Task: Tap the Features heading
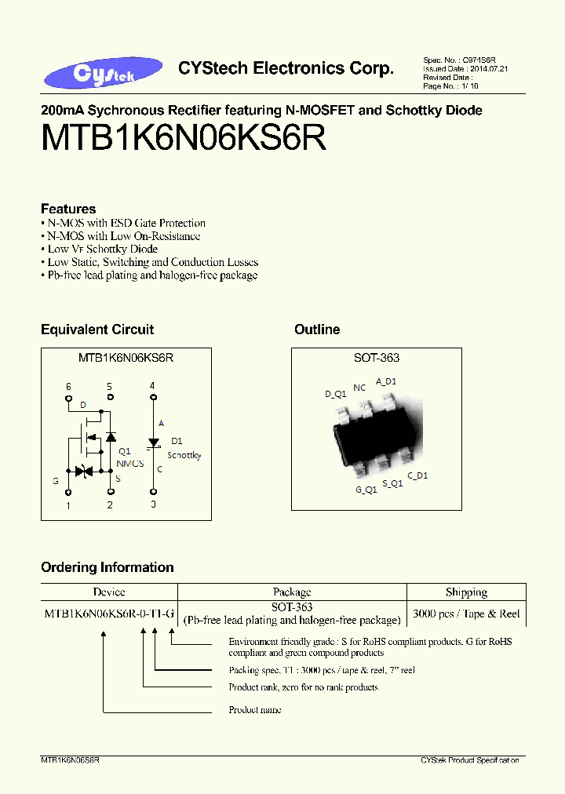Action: point(68,209)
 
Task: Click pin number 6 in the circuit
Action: point(68,387)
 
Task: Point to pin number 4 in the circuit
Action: point(152,386)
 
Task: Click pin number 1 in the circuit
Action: point(68,506)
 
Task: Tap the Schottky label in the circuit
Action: point(184,455)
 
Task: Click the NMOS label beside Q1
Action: point(130,464)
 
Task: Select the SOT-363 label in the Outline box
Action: point(377,358)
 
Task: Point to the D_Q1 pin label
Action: point(335,394)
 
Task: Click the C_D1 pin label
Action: point(417,475)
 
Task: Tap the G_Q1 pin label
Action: point(366,490)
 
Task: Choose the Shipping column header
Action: point(466,592)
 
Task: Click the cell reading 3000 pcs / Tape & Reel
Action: point(466,614)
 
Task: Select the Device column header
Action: point(109,592)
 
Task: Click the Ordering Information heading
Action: point(108,567)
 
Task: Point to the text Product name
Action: point(255,710)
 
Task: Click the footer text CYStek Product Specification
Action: point(469,761)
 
